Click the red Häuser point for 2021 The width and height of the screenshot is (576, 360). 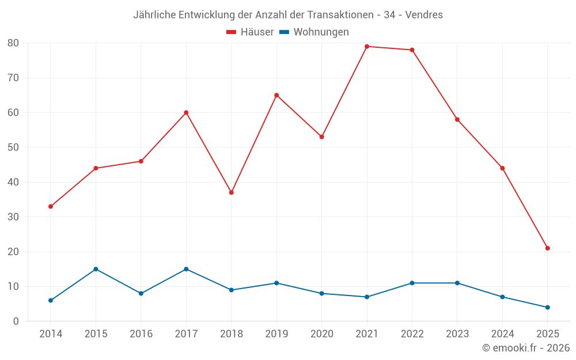pos(367,46)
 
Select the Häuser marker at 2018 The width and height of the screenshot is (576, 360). pos(232,192)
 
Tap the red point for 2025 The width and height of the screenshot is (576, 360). pos(548,248)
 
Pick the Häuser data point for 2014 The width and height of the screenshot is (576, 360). pos(51,206)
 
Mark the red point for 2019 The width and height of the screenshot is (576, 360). pos(276,95)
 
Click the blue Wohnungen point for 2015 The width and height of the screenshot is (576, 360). pos(96,269)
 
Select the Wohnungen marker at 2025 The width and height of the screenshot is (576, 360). pos(548,308)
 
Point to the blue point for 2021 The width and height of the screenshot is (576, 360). pos(367,297)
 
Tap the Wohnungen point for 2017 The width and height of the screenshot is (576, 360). pos(186,269)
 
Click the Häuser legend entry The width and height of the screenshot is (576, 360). pos(250,32)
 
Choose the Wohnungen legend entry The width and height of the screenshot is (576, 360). pos(314,32)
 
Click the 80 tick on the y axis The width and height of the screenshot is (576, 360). pos(13,43)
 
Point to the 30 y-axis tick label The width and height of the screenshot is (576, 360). pos(13,217)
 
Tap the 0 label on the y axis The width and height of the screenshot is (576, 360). pos(16,321)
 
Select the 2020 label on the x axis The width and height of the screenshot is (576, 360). pos(321,334)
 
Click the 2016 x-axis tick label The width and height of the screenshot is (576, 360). pos(141,334)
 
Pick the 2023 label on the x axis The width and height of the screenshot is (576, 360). pos(457,334)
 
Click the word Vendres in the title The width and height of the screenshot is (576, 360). pos(424,15)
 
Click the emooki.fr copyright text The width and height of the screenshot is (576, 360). pos(526,348)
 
